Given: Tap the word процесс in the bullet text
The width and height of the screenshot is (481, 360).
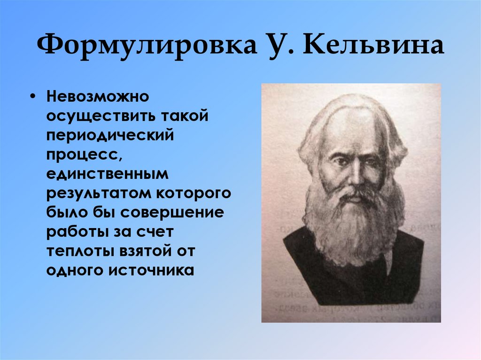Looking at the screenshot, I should point(80,154).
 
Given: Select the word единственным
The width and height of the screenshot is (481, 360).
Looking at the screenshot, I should point(107,174).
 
